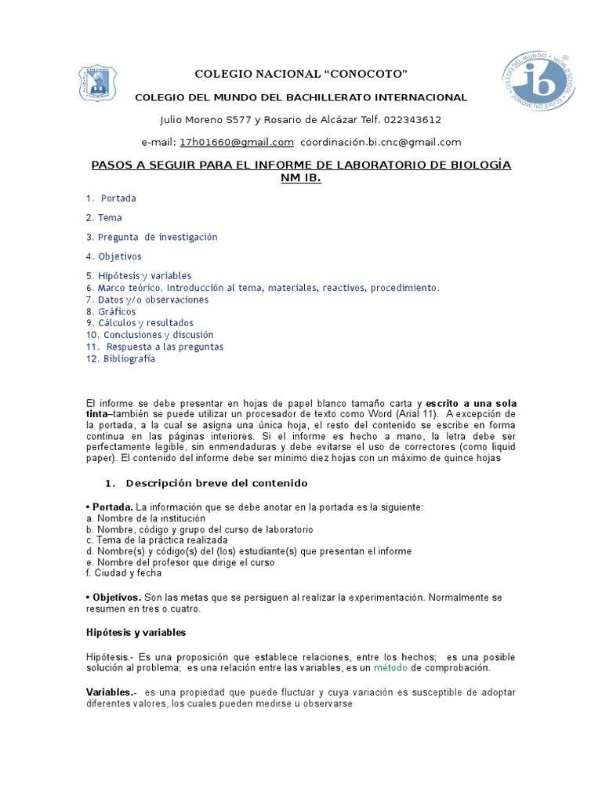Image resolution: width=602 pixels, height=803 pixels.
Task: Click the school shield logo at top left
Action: tap(98, 83)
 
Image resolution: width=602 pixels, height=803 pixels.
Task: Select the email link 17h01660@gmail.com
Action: tap(237, 142)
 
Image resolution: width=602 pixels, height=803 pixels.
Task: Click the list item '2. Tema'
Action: tap(104, 217)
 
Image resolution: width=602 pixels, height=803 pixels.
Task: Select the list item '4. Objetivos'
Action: tap(114, 256)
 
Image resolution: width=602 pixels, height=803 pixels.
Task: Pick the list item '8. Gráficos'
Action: tap(111, 311)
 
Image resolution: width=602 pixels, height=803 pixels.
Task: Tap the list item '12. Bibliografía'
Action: tap(121, 358)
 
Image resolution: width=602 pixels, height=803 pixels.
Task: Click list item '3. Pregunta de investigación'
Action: tap(151, 237)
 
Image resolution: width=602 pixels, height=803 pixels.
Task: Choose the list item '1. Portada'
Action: tap(111, 198)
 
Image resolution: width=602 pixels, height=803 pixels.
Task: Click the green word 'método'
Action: tap(390, 667)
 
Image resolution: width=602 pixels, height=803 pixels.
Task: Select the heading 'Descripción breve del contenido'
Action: tap(216, 483)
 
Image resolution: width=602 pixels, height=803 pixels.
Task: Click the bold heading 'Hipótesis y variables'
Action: tap(136, 632)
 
